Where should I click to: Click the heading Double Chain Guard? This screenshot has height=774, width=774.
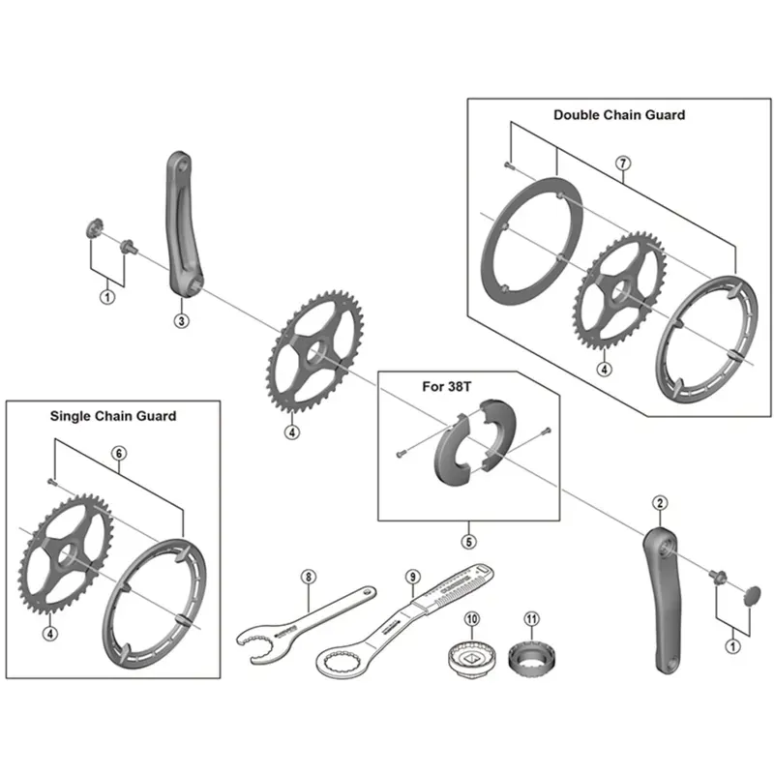(619, 114)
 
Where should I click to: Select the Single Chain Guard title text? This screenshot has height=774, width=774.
(113, 416)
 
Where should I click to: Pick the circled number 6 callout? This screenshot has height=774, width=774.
(119, 453)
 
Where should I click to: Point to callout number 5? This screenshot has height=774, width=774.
(467, 541)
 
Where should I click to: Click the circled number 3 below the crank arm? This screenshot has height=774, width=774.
(180, 320)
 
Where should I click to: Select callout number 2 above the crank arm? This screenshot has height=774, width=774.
(660, 501)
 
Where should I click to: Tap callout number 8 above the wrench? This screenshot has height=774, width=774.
(308, 578)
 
